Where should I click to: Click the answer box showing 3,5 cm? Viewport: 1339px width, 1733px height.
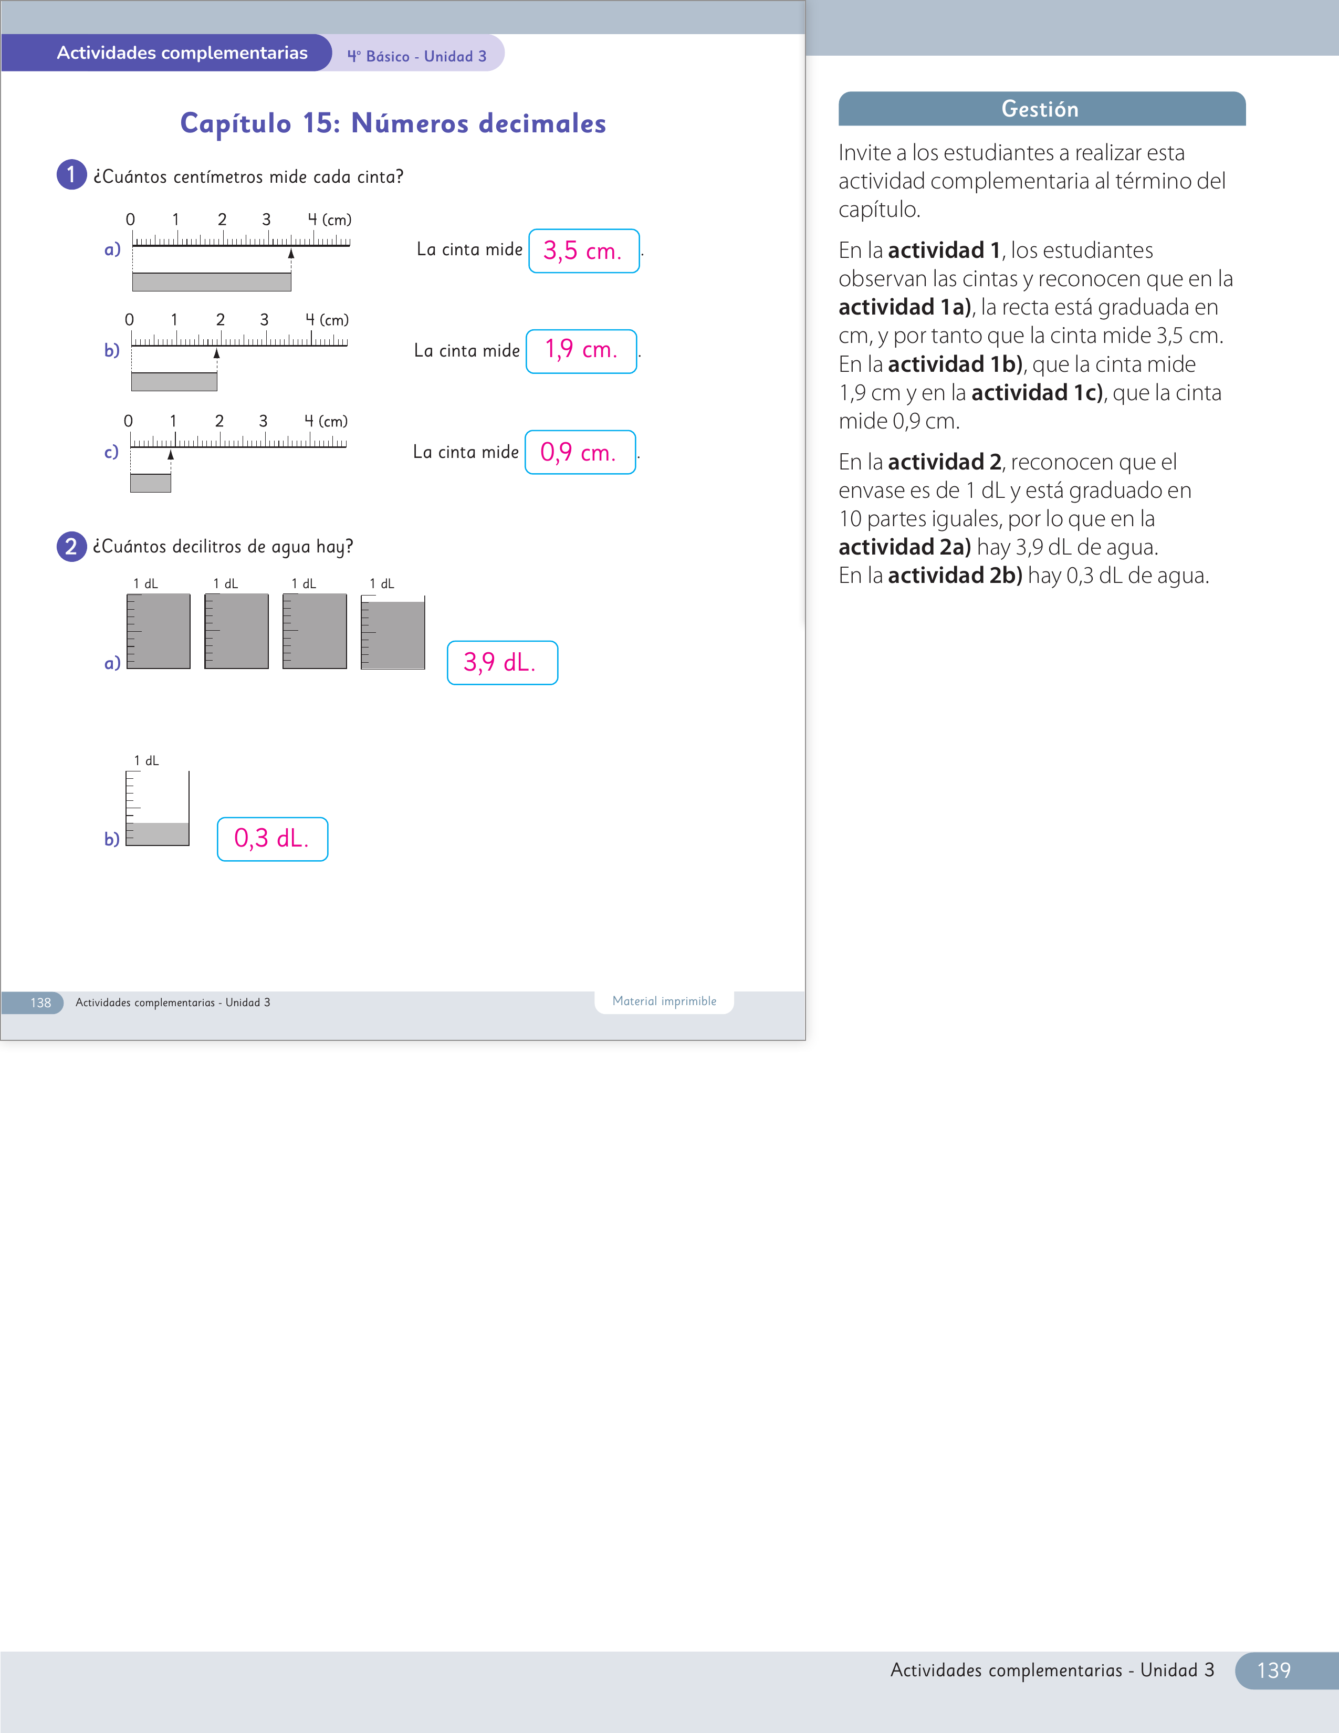584,250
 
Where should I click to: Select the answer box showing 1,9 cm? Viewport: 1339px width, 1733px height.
581,351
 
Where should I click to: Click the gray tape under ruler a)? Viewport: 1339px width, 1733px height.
212,281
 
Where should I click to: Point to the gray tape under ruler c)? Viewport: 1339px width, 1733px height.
151,483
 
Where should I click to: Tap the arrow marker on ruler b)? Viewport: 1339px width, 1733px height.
216,354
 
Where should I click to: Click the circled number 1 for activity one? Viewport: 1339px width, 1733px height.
71,174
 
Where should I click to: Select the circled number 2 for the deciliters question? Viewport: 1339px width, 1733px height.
71,546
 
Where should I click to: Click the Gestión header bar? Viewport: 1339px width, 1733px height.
1042,109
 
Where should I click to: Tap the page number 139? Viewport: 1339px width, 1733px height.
1273,1671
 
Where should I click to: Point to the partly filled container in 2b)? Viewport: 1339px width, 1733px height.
157,808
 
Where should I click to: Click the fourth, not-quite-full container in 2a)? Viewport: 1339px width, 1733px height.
393,632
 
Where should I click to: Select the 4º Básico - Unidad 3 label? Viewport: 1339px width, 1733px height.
416,56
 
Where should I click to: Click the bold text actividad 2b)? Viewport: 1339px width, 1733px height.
955,575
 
